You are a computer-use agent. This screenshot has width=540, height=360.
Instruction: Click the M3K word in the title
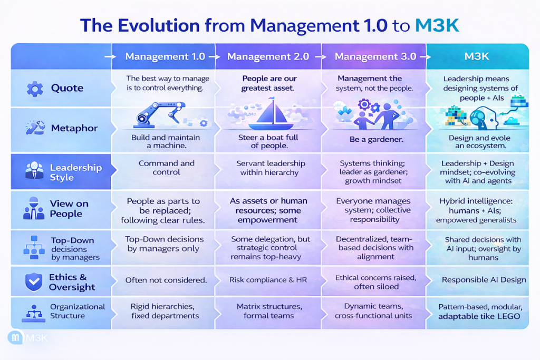(x=437, y=25)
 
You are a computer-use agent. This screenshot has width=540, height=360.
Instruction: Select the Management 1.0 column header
(x=165, y=56)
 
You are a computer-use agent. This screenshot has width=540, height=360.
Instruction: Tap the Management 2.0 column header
(x=268, y=56)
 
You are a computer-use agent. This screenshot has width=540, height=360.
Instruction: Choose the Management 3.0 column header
(x=375, y=56)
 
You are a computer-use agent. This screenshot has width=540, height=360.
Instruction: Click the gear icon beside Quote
(x=35, y=89)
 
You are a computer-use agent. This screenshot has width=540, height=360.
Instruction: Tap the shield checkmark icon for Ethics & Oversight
(x=34, y=282)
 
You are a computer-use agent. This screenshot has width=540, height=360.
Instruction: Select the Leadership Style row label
(x=76, y=172)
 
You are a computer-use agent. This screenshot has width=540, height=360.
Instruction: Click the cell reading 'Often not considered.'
(x=166, y=280)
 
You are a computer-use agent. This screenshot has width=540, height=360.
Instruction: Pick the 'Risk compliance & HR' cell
(x=268, y=280)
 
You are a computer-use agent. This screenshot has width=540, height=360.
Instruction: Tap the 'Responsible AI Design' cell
(x=484, y=280)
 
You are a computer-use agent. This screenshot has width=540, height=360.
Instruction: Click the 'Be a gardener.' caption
(x=376, y=139)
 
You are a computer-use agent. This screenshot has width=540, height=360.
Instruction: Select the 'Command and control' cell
(x=166, y=168)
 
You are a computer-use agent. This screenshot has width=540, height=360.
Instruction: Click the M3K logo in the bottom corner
(x=27, y=338)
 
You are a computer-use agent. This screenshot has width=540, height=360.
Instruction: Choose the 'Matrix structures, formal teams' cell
(x=269, y=311)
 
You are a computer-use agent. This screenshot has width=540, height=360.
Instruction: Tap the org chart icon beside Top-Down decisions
(x=34, y=247)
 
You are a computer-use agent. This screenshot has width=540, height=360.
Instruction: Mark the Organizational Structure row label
(x=78, y=311)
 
